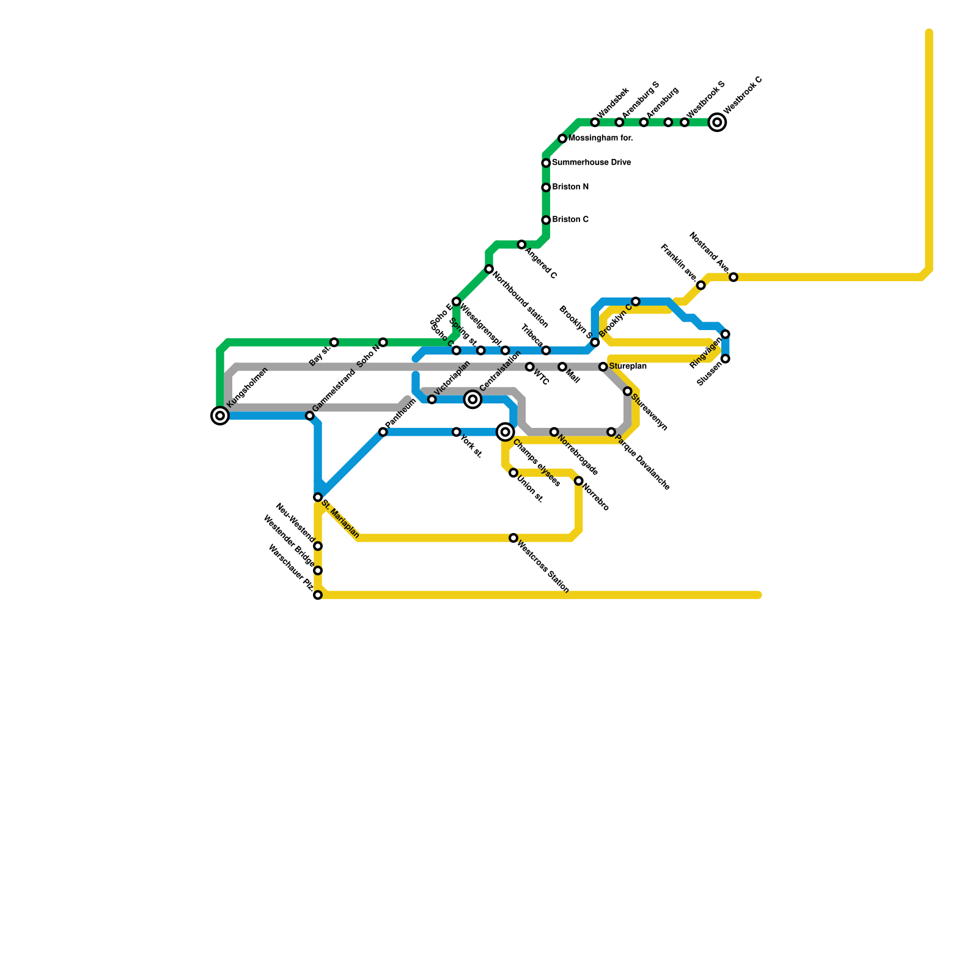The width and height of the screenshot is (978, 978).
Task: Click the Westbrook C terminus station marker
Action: click(717, 122)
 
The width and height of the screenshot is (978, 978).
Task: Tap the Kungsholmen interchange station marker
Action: click(220, 416)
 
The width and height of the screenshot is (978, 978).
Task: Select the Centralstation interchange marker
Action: click(472, 400)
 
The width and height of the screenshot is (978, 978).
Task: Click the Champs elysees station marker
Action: click(505, 432)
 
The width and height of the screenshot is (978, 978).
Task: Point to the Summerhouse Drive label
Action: click(591, 163)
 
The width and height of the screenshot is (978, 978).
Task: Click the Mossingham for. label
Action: click(600, 139)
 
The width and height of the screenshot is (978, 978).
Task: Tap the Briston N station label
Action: click(570, 187)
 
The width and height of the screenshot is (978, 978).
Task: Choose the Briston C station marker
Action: click(546, 220)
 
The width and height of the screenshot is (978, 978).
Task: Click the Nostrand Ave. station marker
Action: click(733, 278)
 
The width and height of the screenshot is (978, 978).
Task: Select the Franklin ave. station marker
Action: click(701, 285)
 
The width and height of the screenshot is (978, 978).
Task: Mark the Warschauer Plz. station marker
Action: click(318, 595)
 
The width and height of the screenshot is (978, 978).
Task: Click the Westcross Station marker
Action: click(513, 538)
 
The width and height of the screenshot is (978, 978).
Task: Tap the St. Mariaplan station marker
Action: click(318, 498)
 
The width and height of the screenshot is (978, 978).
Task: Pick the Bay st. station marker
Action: click(334, 342)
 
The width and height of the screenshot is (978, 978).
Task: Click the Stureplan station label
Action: click(628, 367)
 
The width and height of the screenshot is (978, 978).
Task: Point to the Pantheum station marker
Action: click(383, 432)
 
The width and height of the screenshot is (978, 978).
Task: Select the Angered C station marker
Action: click(521, 244)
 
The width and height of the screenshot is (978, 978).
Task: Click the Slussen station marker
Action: click(726, 359)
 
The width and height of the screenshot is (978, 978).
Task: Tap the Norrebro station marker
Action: click(578, 481)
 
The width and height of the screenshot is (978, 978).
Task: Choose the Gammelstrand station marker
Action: click(310, 416)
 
